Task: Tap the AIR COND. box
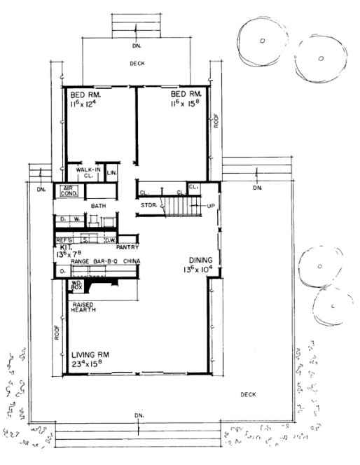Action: (69, 193)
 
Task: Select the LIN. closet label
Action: (111, 172)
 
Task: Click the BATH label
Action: (98, 205)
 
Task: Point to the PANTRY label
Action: (131, 247)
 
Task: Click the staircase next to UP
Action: (178, 206)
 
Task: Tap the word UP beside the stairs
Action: (210, 206)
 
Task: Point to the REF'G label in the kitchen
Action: (64, 239)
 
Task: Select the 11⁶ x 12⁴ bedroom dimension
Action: (86, 103)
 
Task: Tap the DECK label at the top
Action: (137, 64)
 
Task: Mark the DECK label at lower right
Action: (249, 394)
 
